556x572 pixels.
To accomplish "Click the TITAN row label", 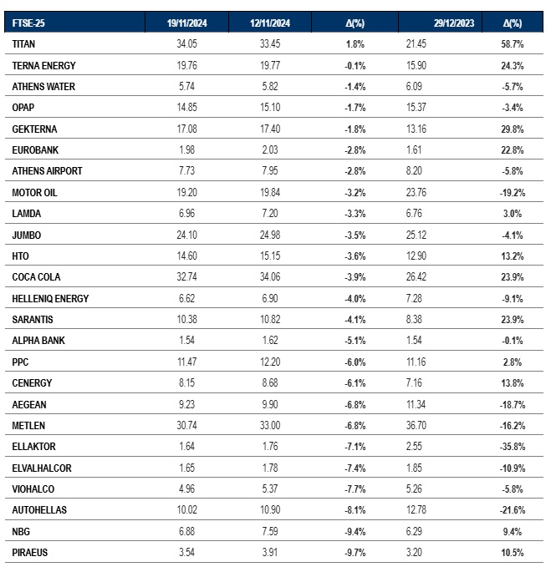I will point(25,43).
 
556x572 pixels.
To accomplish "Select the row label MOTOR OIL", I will point(35,192).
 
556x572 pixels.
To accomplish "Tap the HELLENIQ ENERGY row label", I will point(50,298).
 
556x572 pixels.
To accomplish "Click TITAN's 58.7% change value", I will point(513,43).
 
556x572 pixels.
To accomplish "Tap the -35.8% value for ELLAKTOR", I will point(512,448).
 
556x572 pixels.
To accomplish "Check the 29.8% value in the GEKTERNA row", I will point(513,128).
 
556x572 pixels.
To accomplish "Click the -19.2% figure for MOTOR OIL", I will point(512,192).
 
